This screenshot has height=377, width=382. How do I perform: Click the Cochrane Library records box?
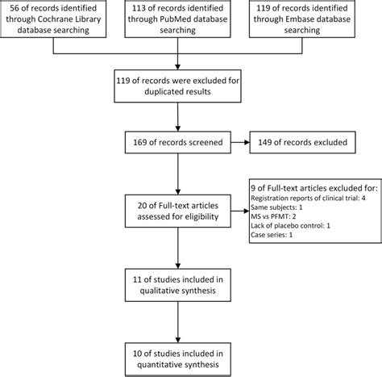[53, 19]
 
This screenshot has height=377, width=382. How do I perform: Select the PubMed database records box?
[177, 19]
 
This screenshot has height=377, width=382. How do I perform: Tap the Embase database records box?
[302, 19]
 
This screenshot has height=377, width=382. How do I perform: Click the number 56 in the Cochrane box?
[15, 8]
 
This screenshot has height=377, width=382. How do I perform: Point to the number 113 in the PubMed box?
[139, 8]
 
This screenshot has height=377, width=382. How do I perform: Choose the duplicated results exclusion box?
[177, 86]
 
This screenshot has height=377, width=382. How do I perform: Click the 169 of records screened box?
[177, 142]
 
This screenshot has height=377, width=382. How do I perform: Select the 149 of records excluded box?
[302, 142]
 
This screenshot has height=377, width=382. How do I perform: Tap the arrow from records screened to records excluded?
[240, 142]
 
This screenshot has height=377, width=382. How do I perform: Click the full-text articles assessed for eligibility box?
[177, 211]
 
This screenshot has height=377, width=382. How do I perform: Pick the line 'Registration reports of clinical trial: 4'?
[308, 199]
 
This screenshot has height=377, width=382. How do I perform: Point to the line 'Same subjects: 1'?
[276, 207]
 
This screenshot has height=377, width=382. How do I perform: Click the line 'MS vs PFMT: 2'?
[273, 216]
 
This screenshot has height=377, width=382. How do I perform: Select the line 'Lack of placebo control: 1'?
[290, 225]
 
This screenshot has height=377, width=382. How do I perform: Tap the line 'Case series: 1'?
[272, 235]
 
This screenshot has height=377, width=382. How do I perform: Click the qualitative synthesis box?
[177, 285]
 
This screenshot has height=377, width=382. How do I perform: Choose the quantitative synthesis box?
[177, 359]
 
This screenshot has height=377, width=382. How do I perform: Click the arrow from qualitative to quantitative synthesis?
[177, 322]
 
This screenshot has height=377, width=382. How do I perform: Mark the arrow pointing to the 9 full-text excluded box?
[240, 211]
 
